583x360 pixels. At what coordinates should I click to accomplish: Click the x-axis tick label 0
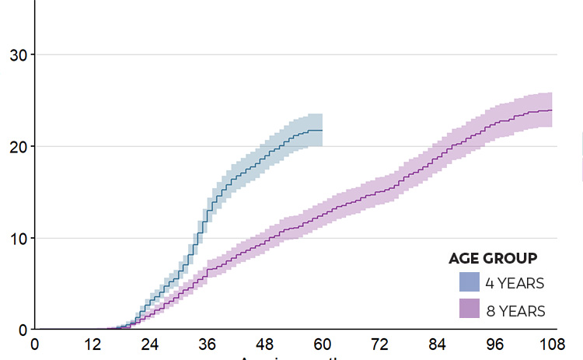pyautogui.click(x=34, y=344)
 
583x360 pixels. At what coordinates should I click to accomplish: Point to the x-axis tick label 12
pyautogui.click(x=92, y=344)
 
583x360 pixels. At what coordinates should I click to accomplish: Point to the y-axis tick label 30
pyautogui.click(x=16, y=55)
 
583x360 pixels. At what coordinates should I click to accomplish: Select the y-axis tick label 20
pyautogui.click(x=16, y=146)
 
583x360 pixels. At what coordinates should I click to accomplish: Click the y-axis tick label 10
pyautogui.click(x=16, y=238)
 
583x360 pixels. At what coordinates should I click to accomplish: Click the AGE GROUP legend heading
pyautogui.click(x=493, y=258)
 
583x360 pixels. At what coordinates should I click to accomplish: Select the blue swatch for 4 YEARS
pyautogui.click(x=469, y=282)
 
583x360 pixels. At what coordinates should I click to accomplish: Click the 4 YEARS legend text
pyautogui.click(x=515, y=283)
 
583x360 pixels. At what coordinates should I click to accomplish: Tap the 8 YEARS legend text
pyautogui.click(x=515, y=310)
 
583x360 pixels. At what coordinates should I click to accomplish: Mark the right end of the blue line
pyautogui.click(x=322, y=130)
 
